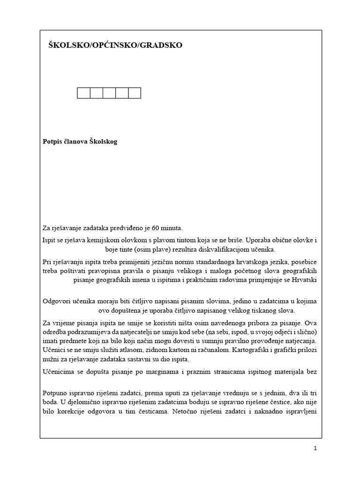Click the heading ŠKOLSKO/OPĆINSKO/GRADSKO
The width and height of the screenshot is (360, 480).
click(115, 45)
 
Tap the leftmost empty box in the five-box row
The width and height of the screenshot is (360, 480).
click(83, 93)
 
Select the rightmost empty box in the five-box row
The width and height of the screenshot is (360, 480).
click(135, 93)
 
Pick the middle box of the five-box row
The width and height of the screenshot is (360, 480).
click(109, 93)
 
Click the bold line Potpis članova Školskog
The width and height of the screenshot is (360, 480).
click(80, 142)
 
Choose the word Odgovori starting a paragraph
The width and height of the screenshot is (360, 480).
click(57, 301)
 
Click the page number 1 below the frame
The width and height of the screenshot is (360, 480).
click(315, 449)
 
